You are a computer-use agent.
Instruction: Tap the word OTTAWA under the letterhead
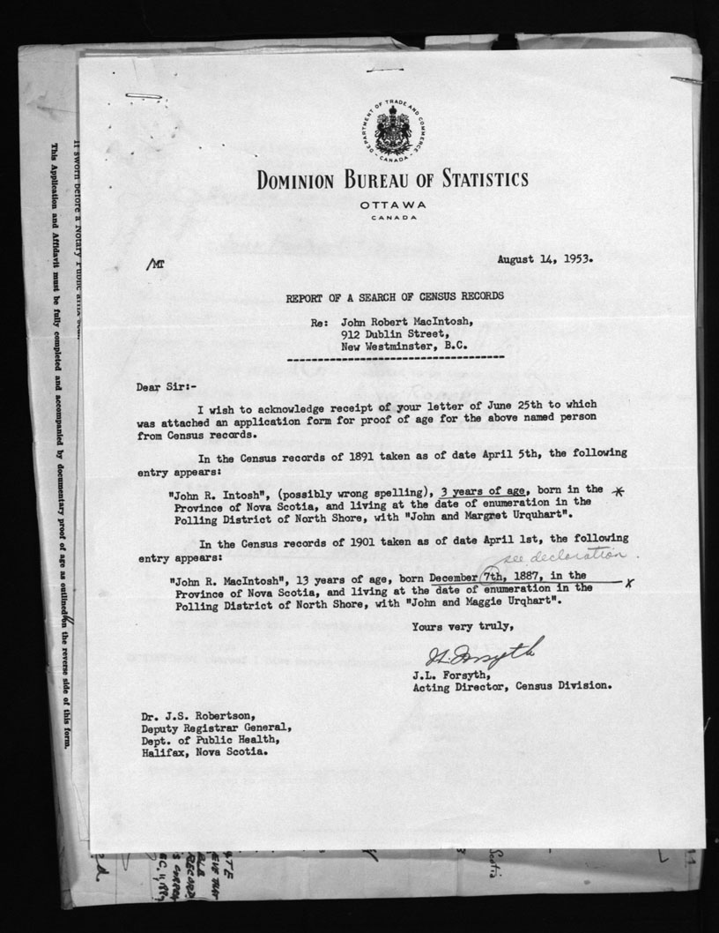393,205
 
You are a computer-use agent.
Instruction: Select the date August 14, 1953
545,260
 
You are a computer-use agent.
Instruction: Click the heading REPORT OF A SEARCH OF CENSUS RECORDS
394,297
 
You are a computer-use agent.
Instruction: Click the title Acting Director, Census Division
512,684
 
